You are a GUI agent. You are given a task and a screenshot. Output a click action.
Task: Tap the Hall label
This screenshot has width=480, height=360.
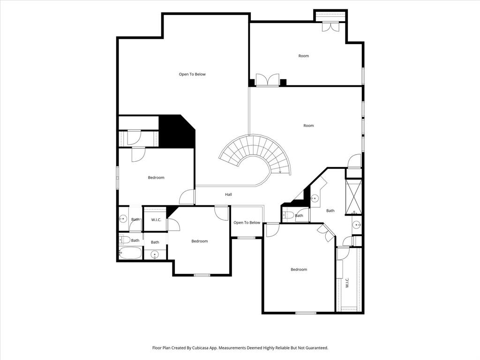(228, 195)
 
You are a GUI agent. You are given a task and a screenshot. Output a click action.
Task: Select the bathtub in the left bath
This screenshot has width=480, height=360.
(130, 253)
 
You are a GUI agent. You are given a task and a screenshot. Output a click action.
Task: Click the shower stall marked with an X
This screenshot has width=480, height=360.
(354, 196)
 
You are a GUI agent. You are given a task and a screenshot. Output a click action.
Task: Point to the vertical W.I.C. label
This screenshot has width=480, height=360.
(347, 283)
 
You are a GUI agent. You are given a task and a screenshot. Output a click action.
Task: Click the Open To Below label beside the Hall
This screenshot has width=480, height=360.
(247, 223)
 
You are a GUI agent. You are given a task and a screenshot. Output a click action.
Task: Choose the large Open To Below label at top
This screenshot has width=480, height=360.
(192, 74)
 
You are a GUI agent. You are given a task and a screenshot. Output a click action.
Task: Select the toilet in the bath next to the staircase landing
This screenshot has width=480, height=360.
(289, 216)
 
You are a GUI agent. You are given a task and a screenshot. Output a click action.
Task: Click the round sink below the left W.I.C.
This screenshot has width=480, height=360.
(154, 255)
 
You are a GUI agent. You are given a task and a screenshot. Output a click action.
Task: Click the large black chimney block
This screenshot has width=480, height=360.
(177, 132)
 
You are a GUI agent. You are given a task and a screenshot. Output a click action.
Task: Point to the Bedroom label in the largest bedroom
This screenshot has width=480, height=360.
(299, 270)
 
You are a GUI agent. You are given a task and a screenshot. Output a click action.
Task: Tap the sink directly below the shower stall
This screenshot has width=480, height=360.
(356, 224)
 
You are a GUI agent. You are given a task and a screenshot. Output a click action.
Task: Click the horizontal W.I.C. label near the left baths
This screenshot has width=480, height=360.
(155, 219)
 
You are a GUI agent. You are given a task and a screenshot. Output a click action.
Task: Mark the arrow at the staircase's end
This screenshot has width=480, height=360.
(280, 172)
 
